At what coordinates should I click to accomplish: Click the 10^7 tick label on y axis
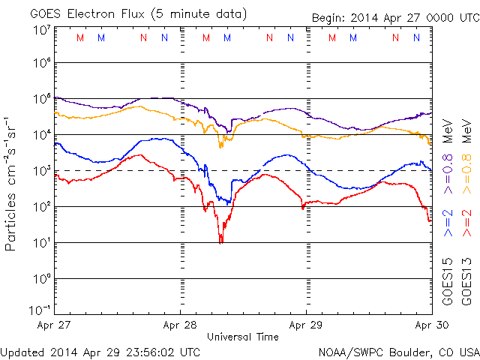point(41,29)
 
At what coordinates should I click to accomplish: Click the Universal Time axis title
point(243,337)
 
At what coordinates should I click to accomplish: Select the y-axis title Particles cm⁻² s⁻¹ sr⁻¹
point(12,184)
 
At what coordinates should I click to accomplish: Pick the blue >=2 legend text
point(448,223)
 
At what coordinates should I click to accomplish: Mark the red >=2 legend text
point(467,223)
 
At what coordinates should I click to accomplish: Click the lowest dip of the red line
point(220,241)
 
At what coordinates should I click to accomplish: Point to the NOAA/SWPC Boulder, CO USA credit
point(398,352)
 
